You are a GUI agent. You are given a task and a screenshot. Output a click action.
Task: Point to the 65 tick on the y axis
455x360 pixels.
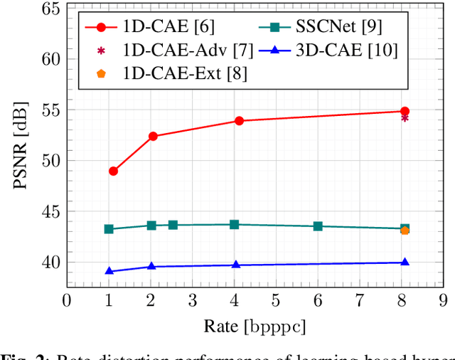point(48,9)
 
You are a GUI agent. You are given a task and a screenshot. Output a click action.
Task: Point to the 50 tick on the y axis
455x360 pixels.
point(48,162)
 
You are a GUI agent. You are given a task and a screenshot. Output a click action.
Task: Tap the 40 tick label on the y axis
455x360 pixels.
point(48,263)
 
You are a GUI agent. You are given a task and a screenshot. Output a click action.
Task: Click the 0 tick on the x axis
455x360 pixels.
point(66,300)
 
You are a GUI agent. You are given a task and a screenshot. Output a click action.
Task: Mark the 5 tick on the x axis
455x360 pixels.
point(276,300)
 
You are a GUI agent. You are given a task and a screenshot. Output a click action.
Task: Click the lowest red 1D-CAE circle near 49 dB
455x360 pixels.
point(113,171)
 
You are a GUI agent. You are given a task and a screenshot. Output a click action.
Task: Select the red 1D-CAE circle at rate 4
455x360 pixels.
point(239,121)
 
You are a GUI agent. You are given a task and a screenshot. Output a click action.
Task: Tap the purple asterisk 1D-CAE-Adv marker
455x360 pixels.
point(405,118)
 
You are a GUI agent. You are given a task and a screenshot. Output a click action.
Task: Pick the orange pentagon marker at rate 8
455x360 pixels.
point(405,230)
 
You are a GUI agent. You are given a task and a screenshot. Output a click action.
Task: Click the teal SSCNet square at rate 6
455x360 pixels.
point(318,226)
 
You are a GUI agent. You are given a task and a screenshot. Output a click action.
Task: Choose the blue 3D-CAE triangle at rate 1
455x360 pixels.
point(109,271)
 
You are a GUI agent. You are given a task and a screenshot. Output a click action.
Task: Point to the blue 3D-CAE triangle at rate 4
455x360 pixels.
point(236,265)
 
